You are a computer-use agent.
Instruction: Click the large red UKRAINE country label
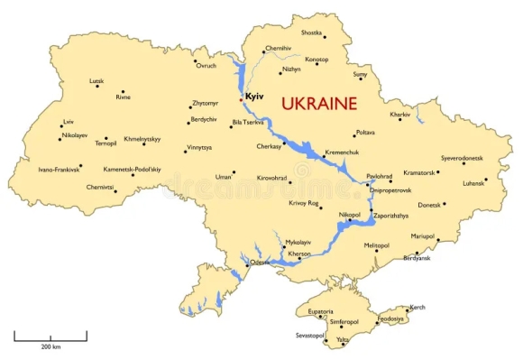[x=319, y=103]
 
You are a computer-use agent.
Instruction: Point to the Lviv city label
[x=69, y=122]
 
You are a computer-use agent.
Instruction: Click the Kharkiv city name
[x=399, y=115]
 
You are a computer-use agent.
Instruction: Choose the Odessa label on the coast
[x=260, y=263]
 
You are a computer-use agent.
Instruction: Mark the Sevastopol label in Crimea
[x=309, y=335]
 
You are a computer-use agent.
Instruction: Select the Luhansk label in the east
[x=473, y=184]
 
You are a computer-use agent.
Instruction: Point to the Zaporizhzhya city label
[x=390, y=216]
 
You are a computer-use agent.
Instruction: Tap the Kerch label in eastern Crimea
[x=417, y=308]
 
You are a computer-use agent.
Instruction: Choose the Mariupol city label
[x=423, y=235]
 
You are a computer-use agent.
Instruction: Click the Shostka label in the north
[x=311, y=32]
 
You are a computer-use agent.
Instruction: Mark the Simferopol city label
[x=344, y=321]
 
